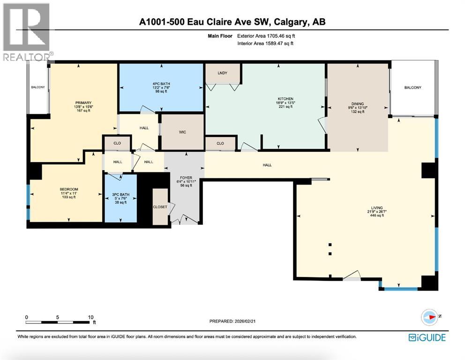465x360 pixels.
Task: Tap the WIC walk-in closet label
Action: pyautogui.click(x=182, y=132)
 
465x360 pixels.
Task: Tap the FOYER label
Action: pyautogui.click(x=184, y=177)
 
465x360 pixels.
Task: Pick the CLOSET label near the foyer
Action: pyautogui.click(x=160, y=207)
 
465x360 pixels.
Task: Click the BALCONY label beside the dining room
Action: pyautogui.click(x=412, y=88)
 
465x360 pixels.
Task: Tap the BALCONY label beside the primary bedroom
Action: pyautogui.click(x=38, y=87)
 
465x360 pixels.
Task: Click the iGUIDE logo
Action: pyautogui.click(x=427, y=337)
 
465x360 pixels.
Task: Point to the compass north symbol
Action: pyautogui.click(x=430, y=317)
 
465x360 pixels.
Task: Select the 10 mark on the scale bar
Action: pyautogui.click(x=91, y=317)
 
